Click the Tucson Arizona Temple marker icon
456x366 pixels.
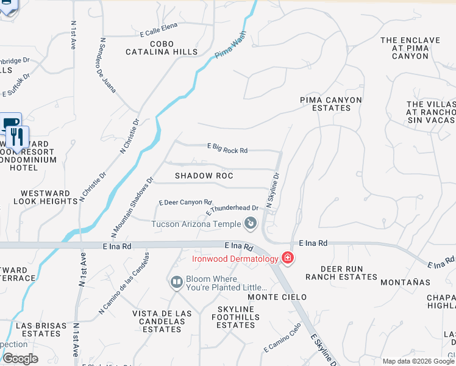pyautogui.click(x=250, y=224)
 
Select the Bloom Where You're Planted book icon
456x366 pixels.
pyautogui.click(x=177, y=282)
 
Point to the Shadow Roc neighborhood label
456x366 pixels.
pyautogui.click(x=204, y=176)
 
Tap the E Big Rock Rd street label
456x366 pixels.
pyautogui.click(x=227, y=148)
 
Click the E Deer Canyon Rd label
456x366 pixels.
pyautogui.click(x=185, y=202)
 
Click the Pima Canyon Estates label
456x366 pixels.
pyautogui.click(x=331, y=104)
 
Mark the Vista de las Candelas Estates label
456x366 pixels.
pyautogui.click(x=162, y=321)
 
